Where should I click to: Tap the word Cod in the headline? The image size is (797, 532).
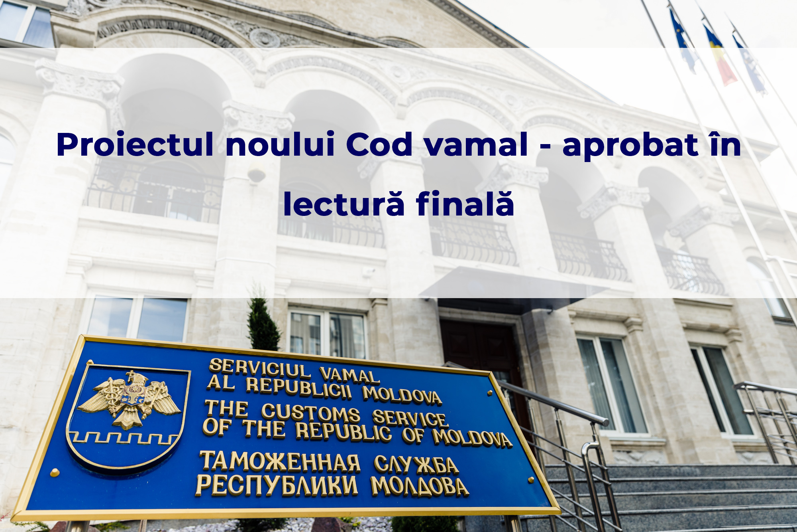(379, 144)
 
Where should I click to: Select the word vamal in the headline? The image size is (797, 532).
(476, 144)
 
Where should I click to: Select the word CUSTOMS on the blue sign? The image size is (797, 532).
(311, 412)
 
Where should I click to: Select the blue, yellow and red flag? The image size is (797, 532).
(719, 56)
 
